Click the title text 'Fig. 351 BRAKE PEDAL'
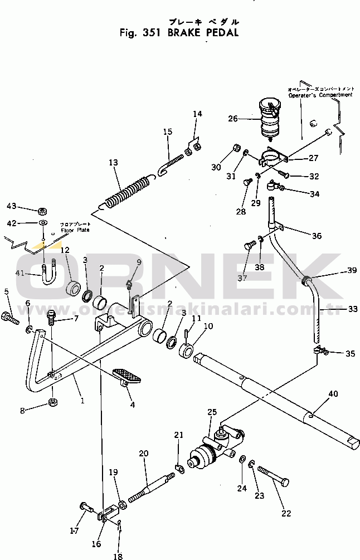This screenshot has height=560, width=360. click(x=179, y=32)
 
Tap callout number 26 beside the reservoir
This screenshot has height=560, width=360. click(x=233, y=118)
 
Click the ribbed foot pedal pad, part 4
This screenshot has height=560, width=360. click(x=127, y=376)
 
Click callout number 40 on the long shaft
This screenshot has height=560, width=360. click(x=333, y=394)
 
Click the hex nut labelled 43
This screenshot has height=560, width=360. click(x=41, y=211)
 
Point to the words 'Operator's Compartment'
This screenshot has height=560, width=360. click(x=320, y=95)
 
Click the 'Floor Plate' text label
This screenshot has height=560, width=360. click(x=75, y=230)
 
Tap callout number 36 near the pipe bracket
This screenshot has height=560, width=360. click(x=317, y=236)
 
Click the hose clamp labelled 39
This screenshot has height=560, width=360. click(x=306, y=280)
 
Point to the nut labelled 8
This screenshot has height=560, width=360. click(x=52, y=402)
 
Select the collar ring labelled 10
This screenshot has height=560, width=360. click(x=187, y=352)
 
